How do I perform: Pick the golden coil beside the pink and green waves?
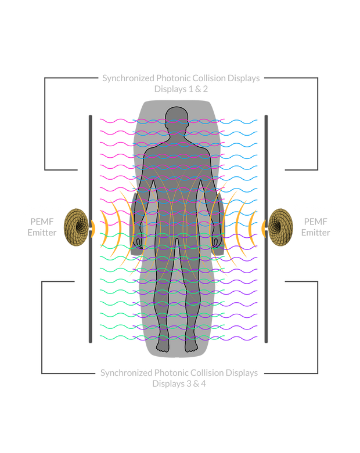(75, 227)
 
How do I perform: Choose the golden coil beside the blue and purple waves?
(282, 227)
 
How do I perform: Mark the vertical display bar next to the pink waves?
(90, 229)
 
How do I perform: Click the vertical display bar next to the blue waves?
(266, 229)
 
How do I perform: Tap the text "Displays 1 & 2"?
(181, 90)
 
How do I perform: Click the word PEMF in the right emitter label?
(314, 221)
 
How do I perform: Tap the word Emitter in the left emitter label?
(42, 233)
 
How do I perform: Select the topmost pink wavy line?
(116, 121)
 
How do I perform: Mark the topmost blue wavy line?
(241, 121)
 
